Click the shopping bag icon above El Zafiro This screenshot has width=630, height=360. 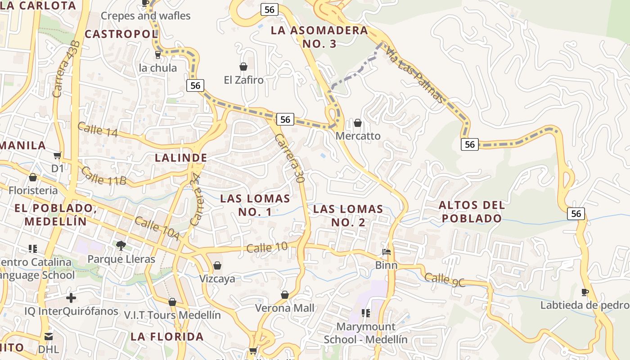coord(243,67)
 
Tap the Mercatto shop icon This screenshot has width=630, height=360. coord(358,122)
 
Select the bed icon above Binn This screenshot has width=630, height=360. coord(386,252)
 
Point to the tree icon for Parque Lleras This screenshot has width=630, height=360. coord(121,245)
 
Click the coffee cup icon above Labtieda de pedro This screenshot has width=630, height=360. coord(585,292)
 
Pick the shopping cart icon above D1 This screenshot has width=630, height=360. coord(57,156)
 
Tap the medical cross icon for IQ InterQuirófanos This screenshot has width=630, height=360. coord(71,298)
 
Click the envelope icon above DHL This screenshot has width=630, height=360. coord(49,337)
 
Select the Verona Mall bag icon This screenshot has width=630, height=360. coord(284,295)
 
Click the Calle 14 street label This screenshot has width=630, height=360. coord(97,130)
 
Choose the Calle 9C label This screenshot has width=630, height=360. coord(445,279)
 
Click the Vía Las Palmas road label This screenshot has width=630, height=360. coord(415,74)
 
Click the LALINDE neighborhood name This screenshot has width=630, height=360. coord(181,158)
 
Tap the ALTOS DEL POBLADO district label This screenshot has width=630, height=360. coord(471,211)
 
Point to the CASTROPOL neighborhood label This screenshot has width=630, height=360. coord(121,34)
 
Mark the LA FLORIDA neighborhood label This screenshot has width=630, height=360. coord(167,337)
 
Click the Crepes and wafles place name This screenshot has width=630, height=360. coord(145,16)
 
